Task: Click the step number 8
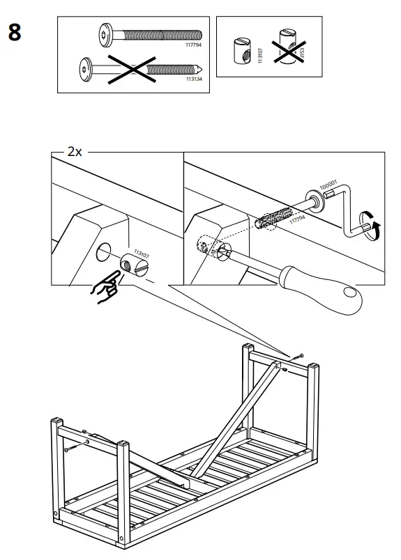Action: point(15,32)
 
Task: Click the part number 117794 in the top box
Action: point(193,46)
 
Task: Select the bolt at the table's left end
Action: point(68,449)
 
